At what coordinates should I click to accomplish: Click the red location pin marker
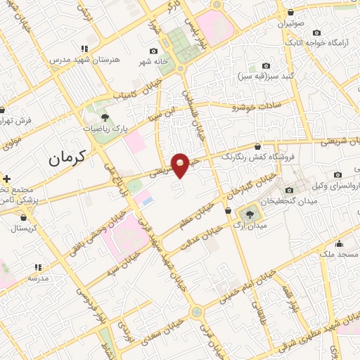click(181, 165)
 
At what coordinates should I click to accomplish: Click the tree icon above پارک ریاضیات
click(105, 117)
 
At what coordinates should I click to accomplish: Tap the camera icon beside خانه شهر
click(154, 51)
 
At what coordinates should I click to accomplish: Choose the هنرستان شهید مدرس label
click(77, 60)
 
